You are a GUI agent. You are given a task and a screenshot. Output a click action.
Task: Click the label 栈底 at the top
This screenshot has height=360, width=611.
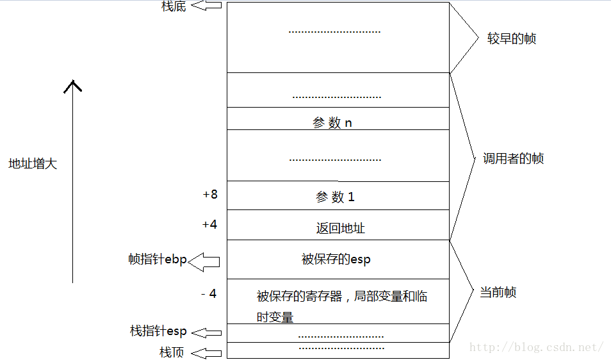[173, 6]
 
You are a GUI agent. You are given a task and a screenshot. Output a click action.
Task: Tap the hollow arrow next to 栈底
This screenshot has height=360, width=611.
[206, 6]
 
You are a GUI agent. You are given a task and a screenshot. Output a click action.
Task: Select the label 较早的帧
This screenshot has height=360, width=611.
[511, 39]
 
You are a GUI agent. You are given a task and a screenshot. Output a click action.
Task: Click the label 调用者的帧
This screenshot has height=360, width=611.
[513, 159]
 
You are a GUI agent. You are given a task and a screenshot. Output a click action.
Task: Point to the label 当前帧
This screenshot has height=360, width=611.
[498, 293]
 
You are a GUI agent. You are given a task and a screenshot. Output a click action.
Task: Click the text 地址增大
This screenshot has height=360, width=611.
[33, 164]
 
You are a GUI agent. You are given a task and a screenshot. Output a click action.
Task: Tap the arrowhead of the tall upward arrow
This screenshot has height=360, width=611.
[73, 86]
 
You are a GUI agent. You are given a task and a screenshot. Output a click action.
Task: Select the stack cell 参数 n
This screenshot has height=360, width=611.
[332, 122]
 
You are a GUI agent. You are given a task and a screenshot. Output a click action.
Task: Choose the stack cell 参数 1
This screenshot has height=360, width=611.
[335, 197]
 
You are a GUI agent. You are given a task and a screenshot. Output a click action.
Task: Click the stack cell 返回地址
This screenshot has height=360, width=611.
[340, 228]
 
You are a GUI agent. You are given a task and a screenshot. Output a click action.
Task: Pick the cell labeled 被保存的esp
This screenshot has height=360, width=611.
[336, 259]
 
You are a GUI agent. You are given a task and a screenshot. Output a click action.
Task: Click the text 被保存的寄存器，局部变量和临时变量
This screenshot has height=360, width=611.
[342, 306]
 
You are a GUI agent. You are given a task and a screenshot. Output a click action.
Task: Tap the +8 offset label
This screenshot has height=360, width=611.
[209, 194]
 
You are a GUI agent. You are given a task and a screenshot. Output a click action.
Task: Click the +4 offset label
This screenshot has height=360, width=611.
[209, 225]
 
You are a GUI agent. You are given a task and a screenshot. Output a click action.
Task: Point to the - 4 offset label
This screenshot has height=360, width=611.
[209, 294]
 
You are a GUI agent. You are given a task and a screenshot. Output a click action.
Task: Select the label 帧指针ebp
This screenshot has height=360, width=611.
[157, 259]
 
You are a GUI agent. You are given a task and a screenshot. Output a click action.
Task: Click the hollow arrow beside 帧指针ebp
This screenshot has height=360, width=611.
[204, 260]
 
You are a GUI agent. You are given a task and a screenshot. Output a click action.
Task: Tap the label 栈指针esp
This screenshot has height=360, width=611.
[158, 331]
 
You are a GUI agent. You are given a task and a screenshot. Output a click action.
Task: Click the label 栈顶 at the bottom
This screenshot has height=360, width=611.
[172, 352]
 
